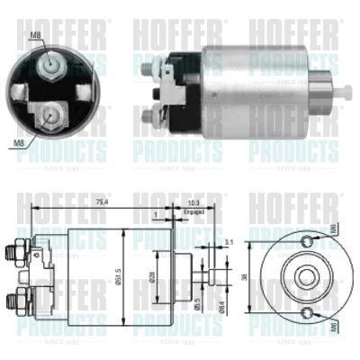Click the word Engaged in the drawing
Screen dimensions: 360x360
[193, 213]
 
